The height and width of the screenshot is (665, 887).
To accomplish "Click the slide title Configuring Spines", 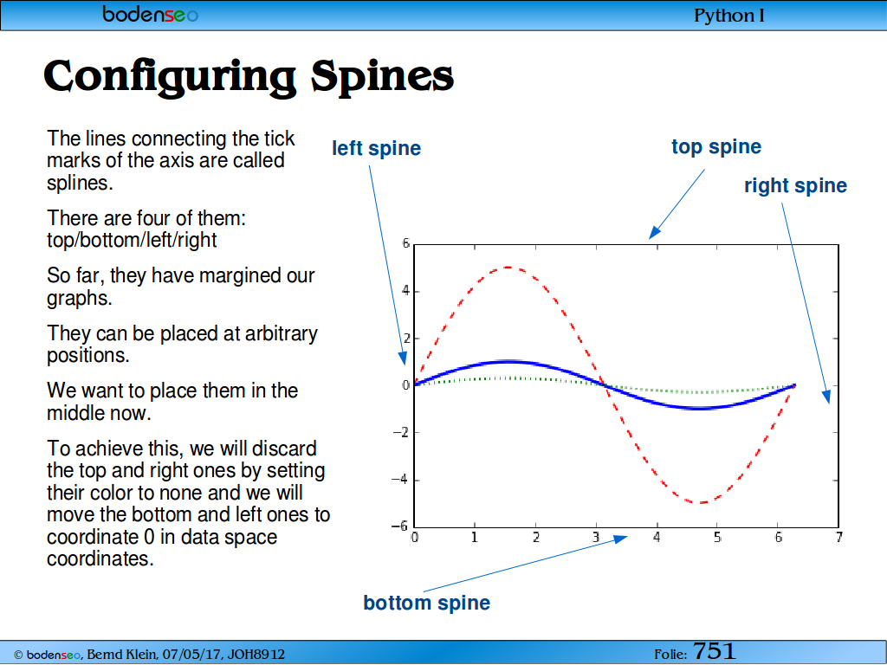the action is [x=249, y=76].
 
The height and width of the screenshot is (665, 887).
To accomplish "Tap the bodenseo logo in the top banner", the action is [x=150, y=14].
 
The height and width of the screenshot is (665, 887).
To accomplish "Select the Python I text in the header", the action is [x=728, y=16].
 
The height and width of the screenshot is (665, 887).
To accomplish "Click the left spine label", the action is [x=376, y=148].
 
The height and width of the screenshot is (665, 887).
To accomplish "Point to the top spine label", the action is [x=716, y=146].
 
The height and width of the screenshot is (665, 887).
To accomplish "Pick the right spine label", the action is [x=795, y=185].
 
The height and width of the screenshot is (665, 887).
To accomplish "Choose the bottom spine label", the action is [x=426, y=603].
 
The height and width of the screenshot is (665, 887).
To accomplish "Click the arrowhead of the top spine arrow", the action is [x=653, y=234].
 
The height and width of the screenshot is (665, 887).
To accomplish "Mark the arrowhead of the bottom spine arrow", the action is [x=622, y=538].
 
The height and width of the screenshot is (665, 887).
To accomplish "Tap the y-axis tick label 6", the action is [x=405, y=243].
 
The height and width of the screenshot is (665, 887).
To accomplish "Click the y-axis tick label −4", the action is [x=400, y=480].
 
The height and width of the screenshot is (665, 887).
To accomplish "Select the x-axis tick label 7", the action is [x=838, y=537].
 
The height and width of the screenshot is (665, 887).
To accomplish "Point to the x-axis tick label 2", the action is [x=535, y=537].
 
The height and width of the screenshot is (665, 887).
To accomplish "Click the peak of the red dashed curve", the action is [x=508, y=268].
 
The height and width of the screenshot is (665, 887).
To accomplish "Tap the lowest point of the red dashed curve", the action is [x=700, y=502].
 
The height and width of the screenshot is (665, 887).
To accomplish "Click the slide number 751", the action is [x=714, y=651].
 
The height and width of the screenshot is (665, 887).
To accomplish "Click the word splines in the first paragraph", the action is [x=80, y=184].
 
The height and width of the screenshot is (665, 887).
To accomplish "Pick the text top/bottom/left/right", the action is [x=132, y=241].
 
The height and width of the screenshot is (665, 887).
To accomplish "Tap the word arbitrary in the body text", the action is [x=281, y=333].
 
